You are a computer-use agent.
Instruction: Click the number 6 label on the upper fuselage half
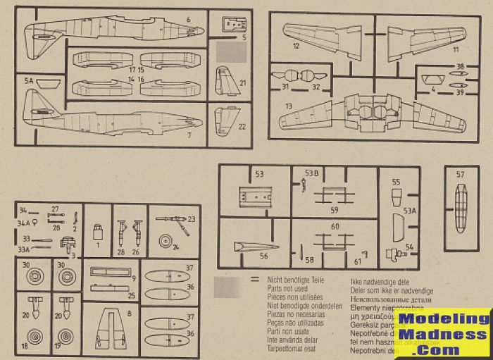click(189, 20)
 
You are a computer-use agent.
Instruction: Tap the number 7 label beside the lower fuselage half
click(189, 134)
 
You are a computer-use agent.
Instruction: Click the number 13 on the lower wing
click(289, 106)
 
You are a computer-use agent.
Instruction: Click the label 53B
click(311, 173)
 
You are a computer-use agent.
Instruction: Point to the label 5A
click(29, 82)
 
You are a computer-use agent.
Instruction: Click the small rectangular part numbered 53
click(252, 194)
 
